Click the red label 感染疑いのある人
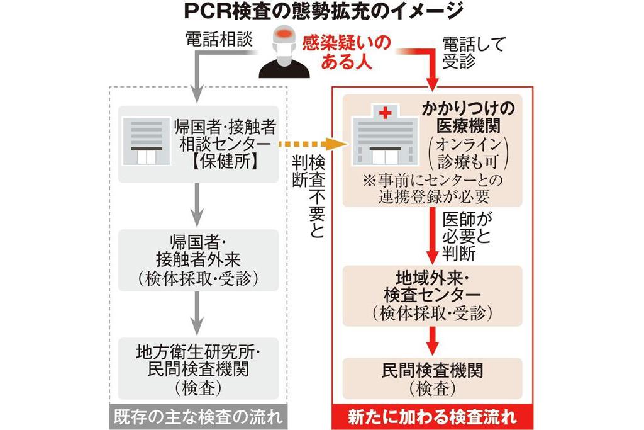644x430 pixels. pyautogui.click(x=346, y=52)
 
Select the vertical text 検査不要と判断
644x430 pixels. pyautogui.click(x=308, y=195)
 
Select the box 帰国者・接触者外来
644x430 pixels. pyautogui.click(x=198, y=260)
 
